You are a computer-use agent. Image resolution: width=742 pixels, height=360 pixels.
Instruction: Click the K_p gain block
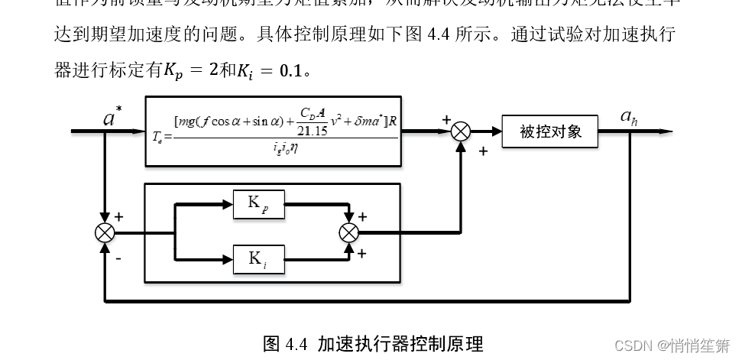258,204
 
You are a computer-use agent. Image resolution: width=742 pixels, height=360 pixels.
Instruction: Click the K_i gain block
258,259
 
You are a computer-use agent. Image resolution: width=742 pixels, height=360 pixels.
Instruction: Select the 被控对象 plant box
550,131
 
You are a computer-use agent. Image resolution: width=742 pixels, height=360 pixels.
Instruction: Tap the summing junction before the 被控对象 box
460,131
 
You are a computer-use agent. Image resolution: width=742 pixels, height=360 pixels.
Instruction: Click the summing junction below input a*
105,232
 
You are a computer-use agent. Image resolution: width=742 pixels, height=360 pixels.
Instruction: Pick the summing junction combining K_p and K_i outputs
349,232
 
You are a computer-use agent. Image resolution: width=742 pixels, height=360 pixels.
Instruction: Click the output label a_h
628,117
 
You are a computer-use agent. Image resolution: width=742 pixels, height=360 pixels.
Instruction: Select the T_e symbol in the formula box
158,138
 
